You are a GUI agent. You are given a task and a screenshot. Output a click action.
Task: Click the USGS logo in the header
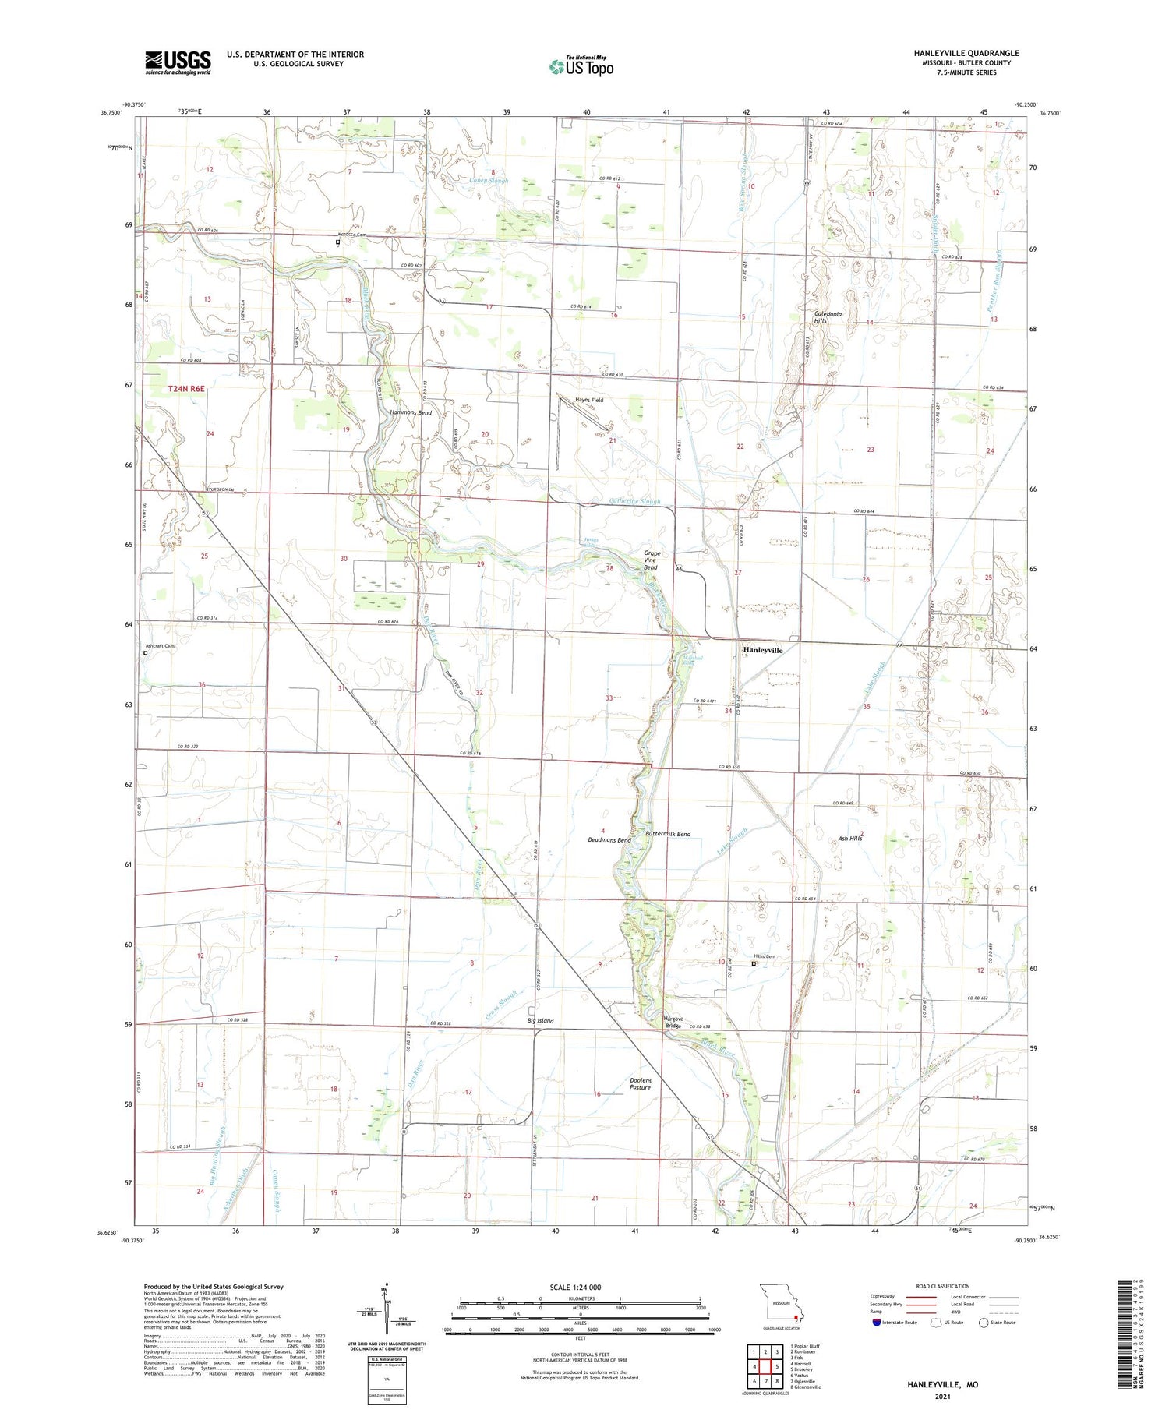pos(178,62)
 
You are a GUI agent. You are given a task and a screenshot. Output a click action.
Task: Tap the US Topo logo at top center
pos(581,66)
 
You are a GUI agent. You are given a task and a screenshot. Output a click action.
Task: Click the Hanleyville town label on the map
pos(762,649)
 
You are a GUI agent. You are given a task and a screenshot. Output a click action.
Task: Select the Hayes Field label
pos(589,400)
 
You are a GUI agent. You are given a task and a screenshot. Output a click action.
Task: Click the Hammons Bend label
pos(411,412)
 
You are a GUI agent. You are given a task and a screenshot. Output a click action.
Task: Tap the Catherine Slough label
pos(635,501)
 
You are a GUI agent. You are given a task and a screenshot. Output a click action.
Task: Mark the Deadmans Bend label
pos(609,840)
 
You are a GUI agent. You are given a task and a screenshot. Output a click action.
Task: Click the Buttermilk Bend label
pos(668,834)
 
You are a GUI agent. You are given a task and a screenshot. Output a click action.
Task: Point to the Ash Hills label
pos(850,839)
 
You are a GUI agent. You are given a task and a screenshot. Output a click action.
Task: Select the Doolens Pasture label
pos(640,1083)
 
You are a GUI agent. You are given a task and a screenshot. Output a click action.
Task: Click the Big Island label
pos(540,1020)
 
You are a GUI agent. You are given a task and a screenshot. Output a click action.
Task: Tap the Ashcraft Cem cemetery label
pos(161,646)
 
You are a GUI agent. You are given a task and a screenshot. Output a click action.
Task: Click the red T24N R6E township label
pos(186,388)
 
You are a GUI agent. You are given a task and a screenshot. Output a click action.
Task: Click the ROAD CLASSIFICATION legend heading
pos(942,1286)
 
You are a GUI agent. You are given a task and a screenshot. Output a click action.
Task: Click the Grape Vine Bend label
pos(652,560)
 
